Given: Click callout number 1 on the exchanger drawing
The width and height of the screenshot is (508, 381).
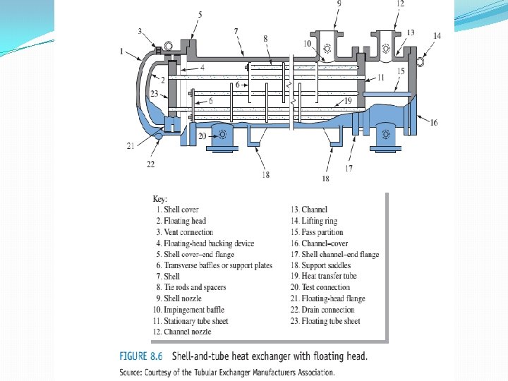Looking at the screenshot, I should click(x=122, y=52).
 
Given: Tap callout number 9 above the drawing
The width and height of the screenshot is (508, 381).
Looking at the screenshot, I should click(x=339, y=4).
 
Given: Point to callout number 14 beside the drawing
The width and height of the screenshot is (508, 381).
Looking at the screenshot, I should click(x=437, y=35).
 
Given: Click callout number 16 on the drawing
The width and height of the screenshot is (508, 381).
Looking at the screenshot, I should click(x=433, y=123).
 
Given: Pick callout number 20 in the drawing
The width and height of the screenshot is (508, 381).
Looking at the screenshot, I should click(x=202, y=134).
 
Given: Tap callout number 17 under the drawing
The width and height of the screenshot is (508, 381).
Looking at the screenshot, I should click(x=349, y=169).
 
